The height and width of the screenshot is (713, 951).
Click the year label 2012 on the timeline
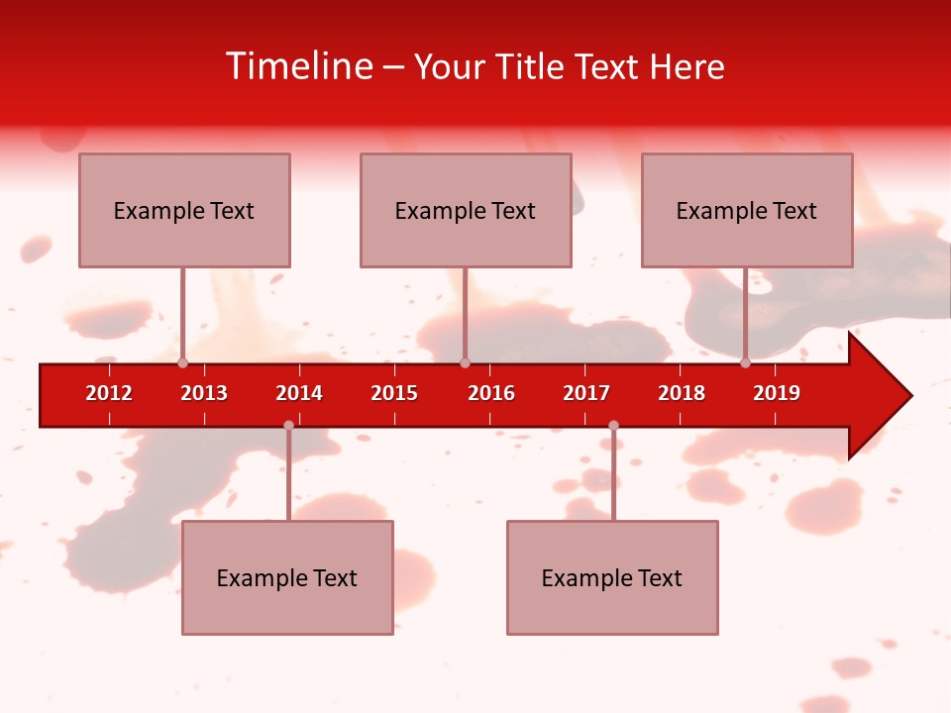tap(109, 393)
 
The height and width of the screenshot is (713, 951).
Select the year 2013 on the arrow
tap(204, 393)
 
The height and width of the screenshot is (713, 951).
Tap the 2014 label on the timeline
tap(299, 393)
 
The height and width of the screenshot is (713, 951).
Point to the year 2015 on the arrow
tap(394, 393)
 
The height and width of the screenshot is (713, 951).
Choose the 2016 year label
tap(491, 393)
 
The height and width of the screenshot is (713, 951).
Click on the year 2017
tap(586, 393)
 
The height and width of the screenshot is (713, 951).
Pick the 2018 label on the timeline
tap(682, 393)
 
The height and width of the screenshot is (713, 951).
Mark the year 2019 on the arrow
tap(777, 393)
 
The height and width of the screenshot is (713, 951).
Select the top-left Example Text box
tap(184, 210)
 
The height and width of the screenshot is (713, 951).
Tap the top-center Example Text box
tap(466, 210)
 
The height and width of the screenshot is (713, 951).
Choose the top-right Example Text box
tap(747, 210)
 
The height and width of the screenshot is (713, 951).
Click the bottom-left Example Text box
tap(287, 577)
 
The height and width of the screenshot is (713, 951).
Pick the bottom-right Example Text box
tap(612, 577)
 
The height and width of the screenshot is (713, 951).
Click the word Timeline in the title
tap(298, 66)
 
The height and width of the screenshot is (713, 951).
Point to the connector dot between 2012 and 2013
tap(182, 363)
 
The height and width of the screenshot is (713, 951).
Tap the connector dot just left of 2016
tap(465, 363)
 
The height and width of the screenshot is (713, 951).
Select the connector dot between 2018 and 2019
tap(745, 363)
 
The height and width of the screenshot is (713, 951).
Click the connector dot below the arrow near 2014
tap(288, 426)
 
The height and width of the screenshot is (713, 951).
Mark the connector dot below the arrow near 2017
tap(613, 426)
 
